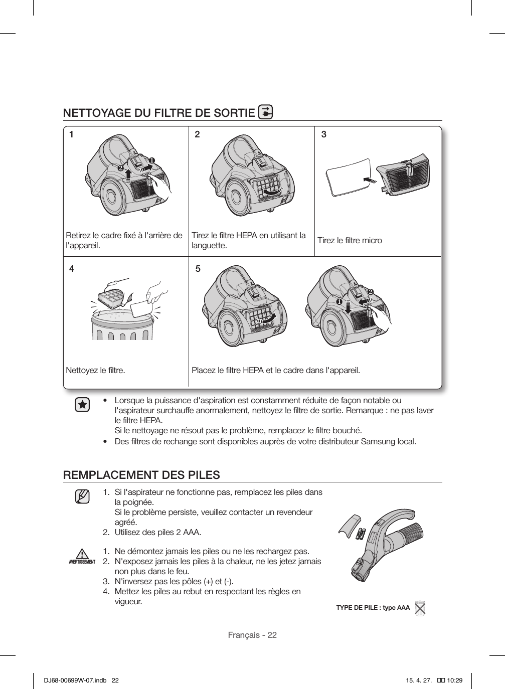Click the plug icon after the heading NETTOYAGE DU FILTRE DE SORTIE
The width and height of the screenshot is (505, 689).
tap(265, 112)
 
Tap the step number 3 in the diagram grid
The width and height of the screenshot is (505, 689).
tap(324, 134)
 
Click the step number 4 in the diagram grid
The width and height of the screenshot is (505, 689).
tap(72, 269)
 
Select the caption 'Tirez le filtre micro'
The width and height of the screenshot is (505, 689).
tap(350, 241)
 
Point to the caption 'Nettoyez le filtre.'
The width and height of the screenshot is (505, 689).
tap(96, 371)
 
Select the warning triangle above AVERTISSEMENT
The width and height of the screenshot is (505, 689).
tap(82, 554)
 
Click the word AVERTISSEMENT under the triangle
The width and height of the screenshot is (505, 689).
tap(82, 562)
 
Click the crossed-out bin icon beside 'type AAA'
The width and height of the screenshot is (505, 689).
tap(420, 608)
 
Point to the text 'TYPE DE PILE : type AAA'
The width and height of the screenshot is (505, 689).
tap(373, 608)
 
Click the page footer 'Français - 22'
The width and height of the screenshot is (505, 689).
tap(252, 635)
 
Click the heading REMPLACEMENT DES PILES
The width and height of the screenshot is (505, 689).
tap(141, 475)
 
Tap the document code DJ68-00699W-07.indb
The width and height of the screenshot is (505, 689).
tap(73, 680)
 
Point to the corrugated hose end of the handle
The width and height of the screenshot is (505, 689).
tap(412, 530)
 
